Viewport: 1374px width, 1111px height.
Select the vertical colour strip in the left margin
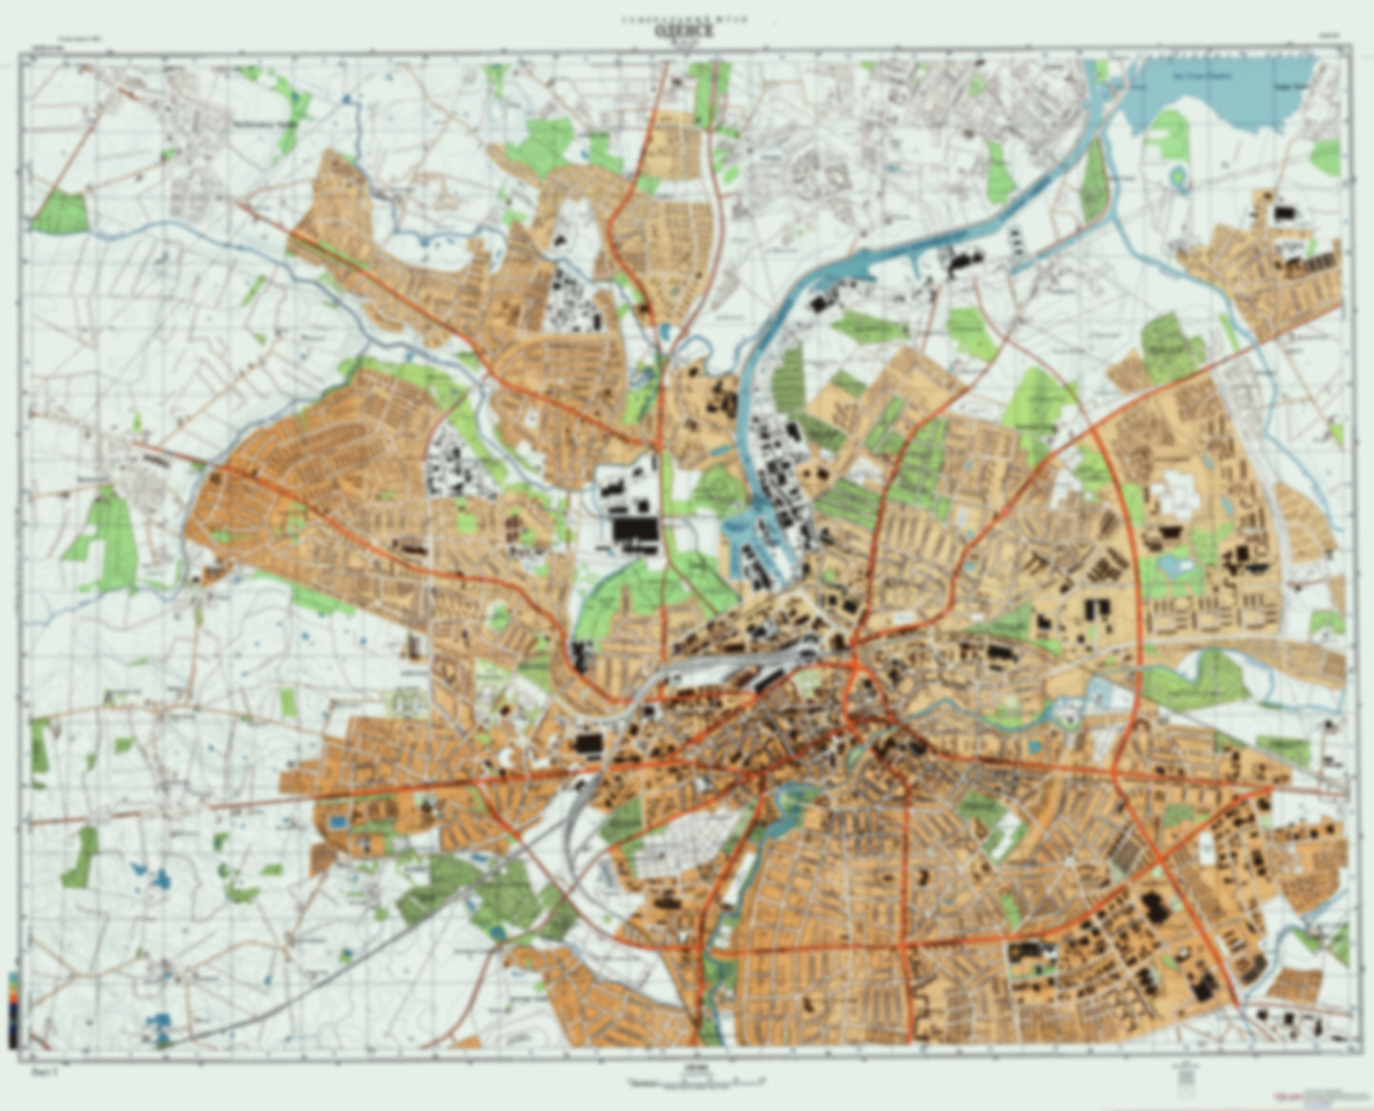tap(11, 1008)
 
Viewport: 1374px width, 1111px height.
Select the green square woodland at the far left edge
tap(60, 211)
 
